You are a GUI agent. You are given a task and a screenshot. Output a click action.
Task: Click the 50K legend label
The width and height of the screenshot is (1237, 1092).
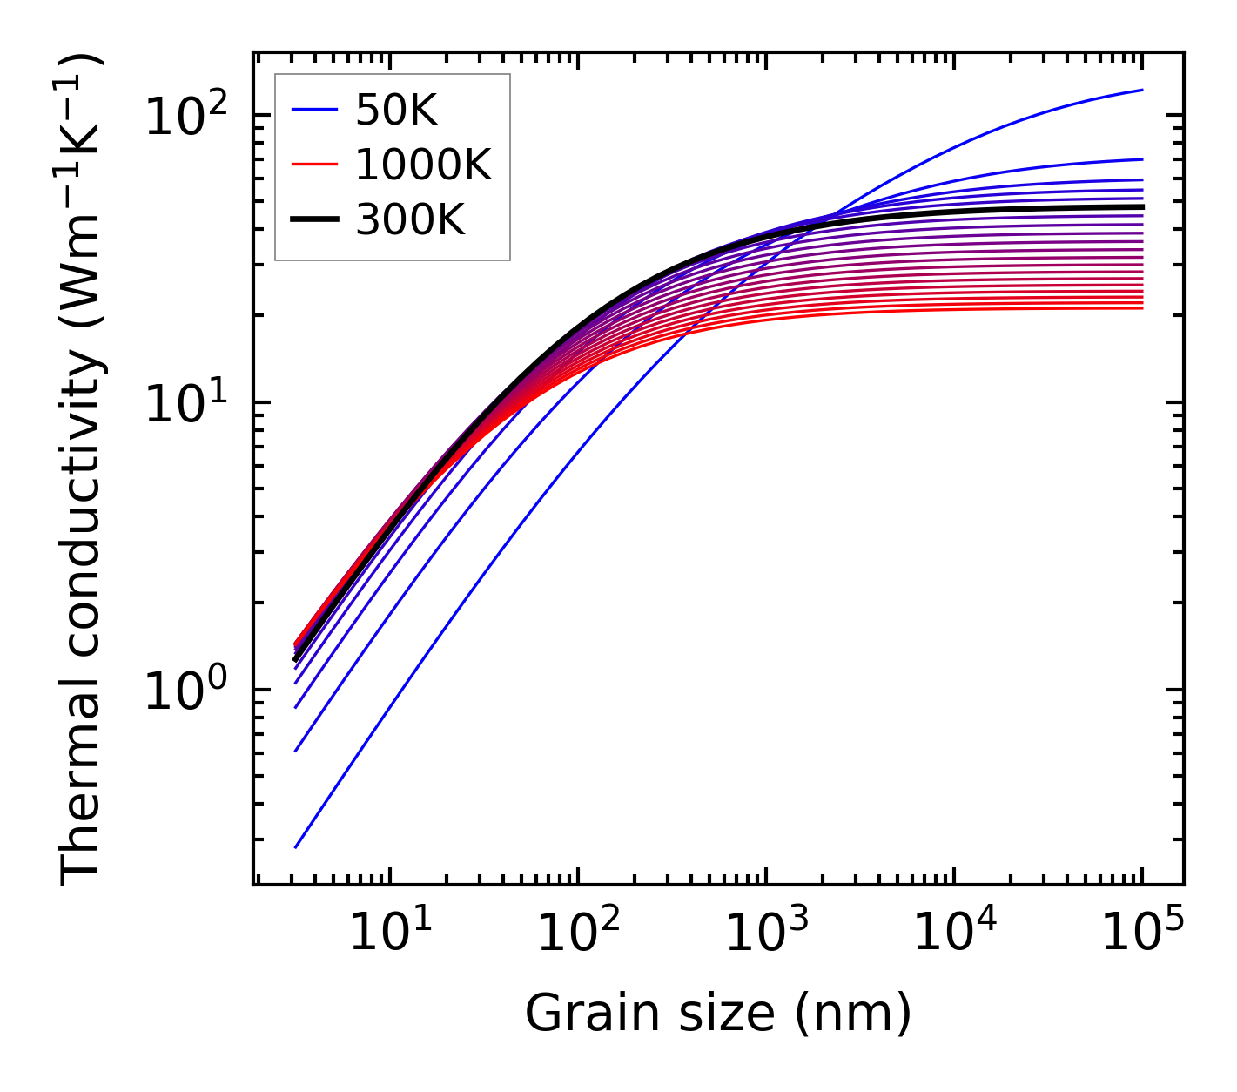395,111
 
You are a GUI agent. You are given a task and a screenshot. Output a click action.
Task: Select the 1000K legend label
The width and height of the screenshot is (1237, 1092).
423,165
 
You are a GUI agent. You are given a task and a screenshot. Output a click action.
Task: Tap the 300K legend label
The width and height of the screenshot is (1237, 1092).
410,221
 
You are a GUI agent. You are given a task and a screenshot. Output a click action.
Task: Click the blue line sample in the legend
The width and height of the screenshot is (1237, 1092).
313,111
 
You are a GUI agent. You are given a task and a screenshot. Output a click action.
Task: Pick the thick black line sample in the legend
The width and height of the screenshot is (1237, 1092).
313,221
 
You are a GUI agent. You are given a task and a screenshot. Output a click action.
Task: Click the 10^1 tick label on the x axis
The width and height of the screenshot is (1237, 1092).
389,934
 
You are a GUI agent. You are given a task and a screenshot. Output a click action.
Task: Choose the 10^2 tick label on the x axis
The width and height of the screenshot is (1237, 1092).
578,934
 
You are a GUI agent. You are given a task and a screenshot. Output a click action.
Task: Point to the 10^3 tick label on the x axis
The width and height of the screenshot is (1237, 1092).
766,934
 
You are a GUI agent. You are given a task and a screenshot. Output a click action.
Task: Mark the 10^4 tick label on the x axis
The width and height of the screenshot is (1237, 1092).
954,934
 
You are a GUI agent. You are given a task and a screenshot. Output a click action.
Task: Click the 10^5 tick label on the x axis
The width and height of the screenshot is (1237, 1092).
1142,934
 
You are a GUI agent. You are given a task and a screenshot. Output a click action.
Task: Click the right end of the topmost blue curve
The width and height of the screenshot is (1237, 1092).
1142,90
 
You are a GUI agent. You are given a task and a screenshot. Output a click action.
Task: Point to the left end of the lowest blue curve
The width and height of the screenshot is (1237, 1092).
296,847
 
